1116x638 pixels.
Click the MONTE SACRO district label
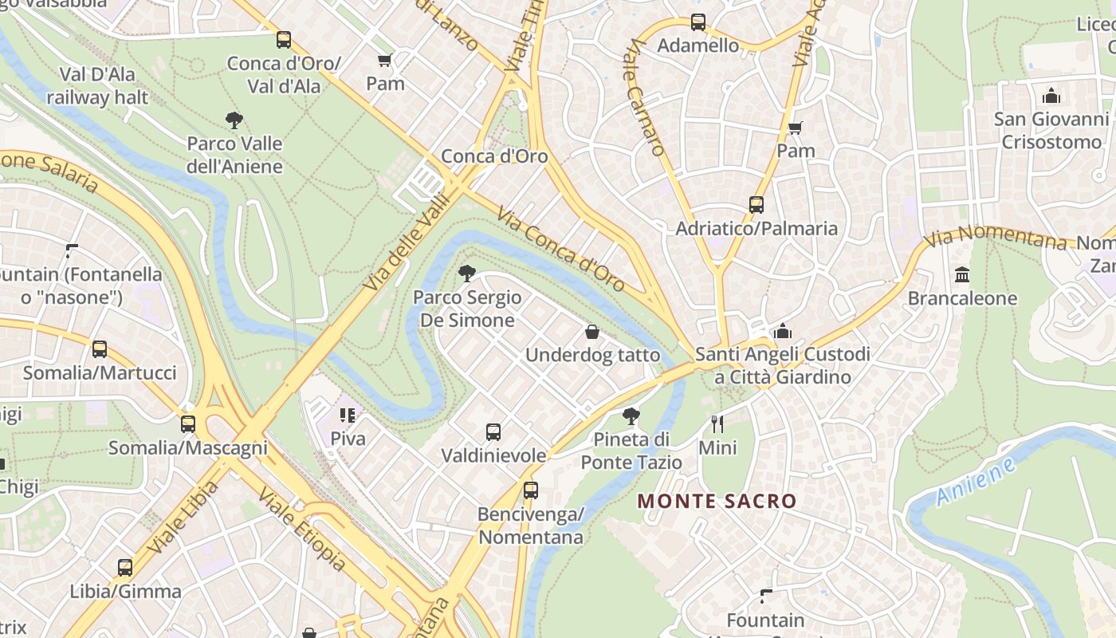coord(717,502)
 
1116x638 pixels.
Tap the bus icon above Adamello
coord(698,22)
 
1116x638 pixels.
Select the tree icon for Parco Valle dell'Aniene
coord(234,120)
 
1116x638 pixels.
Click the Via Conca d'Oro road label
coord(560,249)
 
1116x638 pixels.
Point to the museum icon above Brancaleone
coord(962,275)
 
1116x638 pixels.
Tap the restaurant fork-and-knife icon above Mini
coord(717,423)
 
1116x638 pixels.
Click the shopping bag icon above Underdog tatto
coord(592,332)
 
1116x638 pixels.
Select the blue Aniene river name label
coord(976,482)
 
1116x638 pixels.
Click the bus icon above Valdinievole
coord(493,432)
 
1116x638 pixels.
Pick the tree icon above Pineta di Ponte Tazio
coord(631,415)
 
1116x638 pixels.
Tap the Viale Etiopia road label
coord(302,530)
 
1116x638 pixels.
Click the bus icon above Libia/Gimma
coord(125,568)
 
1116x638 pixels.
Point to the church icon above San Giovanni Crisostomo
coord(1051,96)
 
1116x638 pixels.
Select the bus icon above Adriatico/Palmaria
coord(756,205)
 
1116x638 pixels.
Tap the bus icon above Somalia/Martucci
coord(100,349)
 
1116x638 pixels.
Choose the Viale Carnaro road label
coord(646,99)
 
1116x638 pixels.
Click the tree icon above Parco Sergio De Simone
coord(467,274)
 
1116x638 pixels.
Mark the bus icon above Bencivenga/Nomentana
coord(531,490)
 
